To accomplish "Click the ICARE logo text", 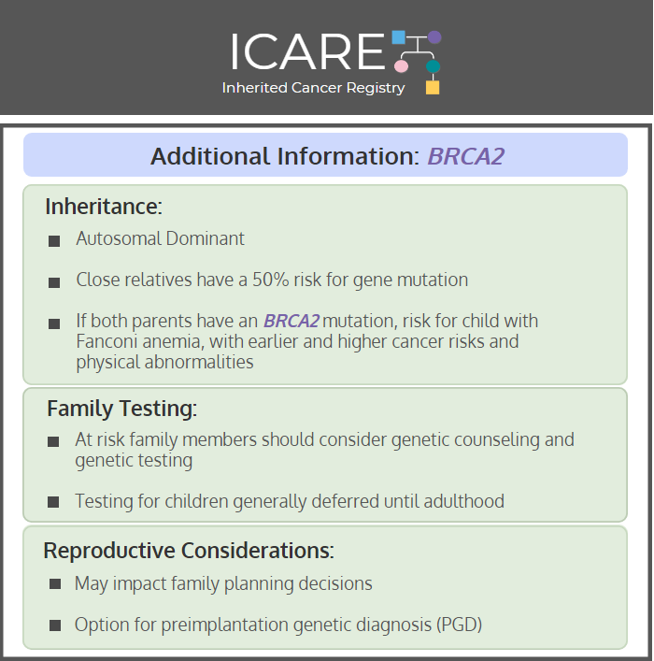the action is (x=307, y=51).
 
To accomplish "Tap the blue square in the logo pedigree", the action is (x=399, y=37).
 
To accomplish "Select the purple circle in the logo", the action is (x=434, y=37).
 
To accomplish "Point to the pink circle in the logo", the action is (x=401, y=66).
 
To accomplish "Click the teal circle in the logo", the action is (x=433, y=66).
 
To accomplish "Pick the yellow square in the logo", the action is (x=433, y=87).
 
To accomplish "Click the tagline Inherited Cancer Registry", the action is (x=313, y=88).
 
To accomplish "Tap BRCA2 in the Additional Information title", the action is (x=465, y=156).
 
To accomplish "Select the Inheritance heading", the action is (x=104, y=206).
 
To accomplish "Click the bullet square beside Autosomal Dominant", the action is (x=54, y=241).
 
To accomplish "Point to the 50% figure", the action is (x=271, y=280).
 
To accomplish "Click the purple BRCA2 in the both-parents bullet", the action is (x=291, y=321).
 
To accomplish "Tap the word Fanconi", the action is (x=107, y=341).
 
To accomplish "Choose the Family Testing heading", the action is (x=121, y=408).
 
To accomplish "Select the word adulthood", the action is (x=463, y=501).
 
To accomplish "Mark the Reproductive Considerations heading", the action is (x=189, y=550).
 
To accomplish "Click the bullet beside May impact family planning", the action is (x=55, y=583).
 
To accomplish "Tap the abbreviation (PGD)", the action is (x=459, y=625).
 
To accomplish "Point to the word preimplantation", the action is (x=225, y=625).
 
